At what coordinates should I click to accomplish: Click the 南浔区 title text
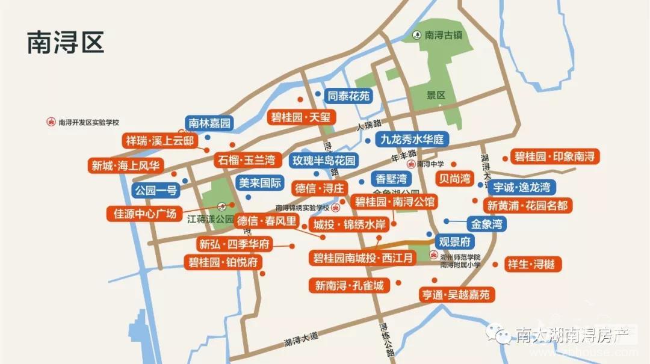pos(66,43)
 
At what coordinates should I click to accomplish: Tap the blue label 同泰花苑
pos(348,96)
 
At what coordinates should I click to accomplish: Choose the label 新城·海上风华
pos(126,165)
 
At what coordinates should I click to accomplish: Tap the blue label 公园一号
pos(156,191)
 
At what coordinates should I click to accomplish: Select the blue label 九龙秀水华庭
pos(412,140)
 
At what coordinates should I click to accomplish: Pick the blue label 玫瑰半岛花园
pos(324,161)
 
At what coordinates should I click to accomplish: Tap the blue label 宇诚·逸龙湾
pos(521,187)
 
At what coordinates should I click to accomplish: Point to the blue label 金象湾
pos(487,224)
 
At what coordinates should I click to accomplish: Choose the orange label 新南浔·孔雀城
pos(349,285)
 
